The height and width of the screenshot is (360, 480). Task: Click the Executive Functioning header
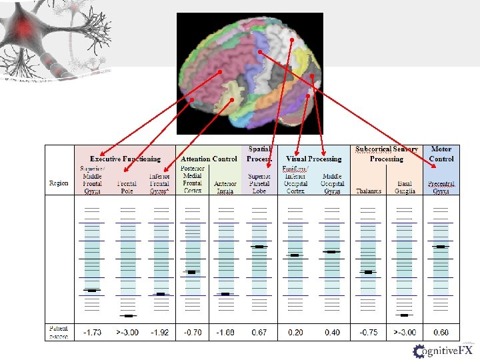coord(125,159)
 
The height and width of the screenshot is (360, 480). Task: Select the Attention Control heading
coord(209,159)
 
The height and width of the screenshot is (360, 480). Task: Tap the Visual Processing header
coord(313,159)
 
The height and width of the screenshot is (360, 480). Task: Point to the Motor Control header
coord(441,154)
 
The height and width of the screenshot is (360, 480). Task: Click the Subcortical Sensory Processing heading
coord(387,154)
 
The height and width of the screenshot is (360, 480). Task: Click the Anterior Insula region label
coord(226,187)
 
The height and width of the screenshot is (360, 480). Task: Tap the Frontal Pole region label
coord(127,187)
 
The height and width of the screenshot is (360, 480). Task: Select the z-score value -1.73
coord(92,333)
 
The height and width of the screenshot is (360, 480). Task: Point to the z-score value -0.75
coord(368,333)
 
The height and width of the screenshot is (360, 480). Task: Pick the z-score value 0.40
coord(332,333)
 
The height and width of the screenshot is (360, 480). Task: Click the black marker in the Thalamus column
coord(368,272)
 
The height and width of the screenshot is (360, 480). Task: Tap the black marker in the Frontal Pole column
coord(128,315)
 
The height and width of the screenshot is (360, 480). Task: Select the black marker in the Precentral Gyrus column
coord(440,247)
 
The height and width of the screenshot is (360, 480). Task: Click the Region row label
coord(59,183)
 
